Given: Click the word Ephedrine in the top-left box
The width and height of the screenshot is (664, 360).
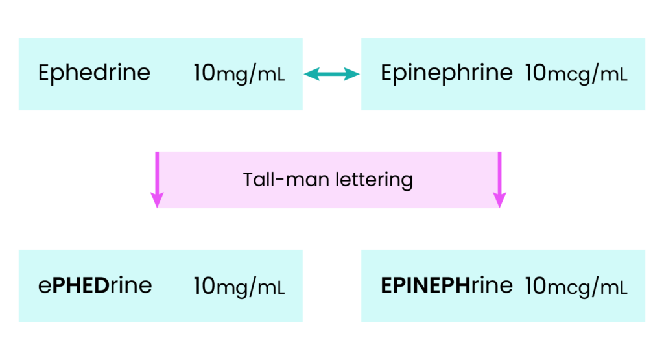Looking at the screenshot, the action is tap(94, 73).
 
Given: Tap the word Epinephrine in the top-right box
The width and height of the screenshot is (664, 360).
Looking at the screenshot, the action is tap(446, 73).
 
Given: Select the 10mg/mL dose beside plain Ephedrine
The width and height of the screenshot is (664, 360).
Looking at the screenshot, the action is tap(239, 74).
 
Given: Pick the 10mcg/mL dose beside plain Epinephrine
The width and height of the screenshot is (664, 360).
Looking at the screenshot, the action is tap(576, 74).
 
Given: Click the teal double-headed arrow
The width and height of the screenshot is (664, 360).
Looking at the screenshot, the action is tap(331, 74).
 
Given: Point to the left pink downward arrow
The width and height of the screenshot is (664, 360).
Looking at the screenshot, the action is tap(157, 180).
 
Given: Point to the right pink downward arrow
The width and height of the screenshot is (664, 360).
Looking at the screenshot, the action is tap(500, 180).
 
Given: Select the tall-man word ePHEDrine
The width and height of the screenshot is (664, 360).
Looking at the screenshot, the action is tap(95, 285).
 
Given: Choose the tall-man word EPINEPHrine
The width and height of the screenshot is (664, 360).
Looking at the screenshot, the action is tap(446, 285).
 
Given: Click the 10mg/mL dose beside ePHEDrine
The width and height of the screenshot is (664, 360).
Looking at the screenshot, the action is tap(239, 286).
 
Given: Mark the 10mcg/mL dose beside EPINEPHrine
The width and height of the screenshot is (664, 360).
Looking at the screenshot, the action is tap(576, 286).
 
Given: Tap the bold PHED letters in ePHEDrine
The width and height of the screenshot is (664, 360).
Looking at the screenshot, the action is tap(81, 285).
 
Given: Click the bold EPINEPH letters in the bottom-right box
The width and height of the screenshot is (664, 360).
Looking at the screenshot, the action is tap(425, 285).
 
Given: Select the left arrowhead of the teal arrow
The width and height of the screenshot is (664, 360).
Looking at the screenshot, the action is tap(311, 74).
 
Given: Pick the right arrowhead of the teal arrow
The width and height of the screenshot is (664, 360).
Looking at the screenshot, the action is tap(352, 74).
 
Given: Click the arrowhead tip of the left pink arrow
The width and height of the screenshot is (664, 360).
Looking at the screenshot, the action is tap(157, 208).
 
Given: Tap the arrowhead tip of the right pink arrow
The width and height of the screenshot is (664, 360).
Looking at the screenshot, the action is tap(500, 208).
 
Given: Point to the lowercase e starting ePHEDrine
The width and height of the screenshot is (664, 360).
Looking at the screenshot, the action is tap(45, 287).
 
